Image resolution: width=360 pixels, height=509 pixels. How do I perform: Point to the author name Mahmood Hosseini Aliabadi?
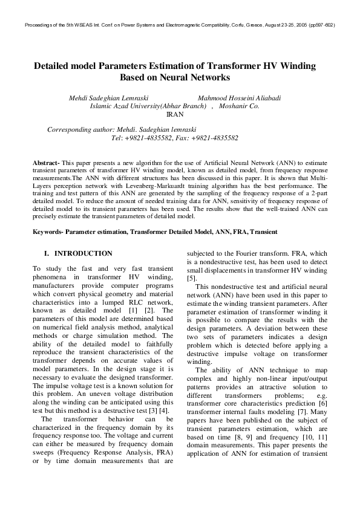[240, 97]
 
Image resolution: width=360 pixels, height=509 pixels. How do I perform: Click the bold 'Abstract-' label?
[46, 163]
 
